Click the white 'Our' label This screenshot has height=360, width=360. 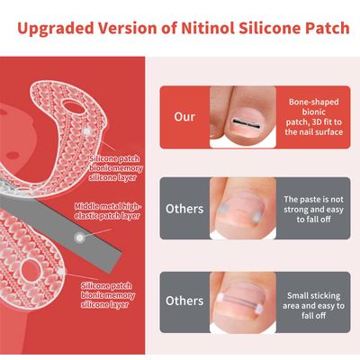click(x=184, y=117)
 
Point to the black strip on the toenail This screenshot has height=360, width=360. click(x=246, y=121)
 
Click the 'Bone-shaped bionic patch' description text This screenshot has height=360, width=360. click(x=313, y=117)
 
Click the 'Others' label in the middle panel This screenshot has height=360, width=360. click(x=184, y=209)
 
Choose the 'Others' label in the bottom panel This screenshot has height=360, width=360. click(x=184, y=301)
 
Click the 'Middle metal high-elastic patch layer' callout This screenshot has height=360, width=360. click(x=107, y=211)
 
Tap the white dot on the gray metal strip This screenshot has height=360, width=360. click(x=79, y=238)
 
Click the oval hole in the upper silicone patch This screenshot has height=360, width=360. click(x=74, y=108)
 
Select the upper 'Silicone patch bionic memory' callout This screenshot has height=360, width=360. click(x=116, y=168)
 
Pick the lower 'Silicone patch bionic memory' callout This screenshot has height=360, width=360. click(x=108, y=295)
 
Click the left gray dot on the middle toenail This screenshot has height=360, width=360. click(x=223, y=209)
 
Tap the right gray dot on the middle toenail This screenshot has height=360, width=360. click(x=256, y=218)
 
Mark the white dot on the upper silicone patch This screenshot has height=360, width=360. click(x=86, y=131)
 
